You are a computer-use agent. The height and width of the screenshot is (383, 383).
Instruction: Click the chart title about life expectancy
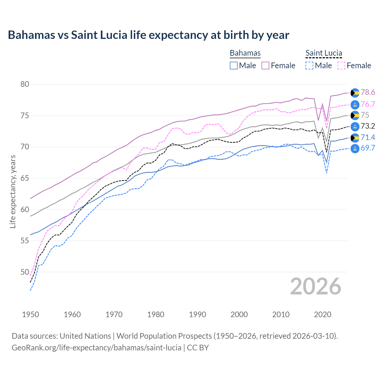tap(148, 35)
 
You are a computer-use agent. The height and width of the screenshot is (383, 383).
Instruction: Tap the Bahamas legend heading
tap(245, 53)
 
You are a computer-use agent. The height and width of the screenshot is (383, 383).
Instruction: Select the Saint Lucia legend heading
tap(323, 53)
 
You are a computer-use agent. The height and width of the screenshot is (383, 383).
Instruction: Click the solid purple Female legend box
tap(265, 66)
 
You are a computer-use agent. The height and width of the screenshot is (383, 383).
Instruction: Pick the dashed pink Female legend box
tap(341, 66)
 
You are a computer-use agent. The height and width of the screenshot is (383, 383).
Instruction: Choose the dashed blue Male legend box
tap(309, 66)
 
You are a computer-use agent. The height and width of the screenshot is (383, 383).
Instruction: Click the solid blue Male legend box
tap(234, 66)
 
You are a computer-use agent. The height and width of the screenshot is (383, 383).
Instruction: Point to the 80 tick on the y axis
tap(25, 84)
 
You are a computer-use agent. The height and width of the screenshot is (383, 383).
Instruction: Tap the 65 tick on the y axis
tap(25, 178)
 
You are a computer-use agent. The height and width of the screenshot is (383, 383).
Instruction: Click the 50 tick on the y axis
tap(25, 272)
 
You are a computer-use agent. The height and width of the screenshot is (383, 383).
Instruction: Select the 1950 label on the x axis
tap(31, 314)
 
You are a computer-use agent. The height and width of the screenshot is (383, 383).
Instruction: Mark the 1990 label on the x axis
tap(197, 314)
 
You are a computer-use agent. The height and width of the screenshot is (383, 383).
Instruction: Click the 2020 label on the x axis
tap(323, 314)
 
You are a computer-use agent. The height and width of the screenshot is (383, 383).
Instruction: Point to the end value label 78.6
tap(368, 92)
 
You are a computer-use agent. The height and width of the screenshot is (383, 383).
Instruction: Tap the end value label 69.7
tap(368, 148)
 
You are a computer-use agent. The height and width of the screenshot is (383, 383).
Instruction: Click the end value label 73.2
tap(368, 126)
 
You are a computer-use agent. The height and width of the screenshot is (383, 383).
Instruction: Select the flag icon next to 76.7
tap(355, 104)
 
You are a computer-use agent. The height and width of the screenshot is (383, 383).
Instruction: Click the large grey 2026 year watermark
tap(315, 286)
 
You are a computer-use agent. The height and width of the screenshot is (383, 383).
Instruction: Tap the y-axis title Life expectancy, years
tap(13, 191)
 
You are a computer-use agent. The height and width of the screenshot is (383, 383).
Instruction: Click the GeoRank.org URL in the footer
tap(96, 348)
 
